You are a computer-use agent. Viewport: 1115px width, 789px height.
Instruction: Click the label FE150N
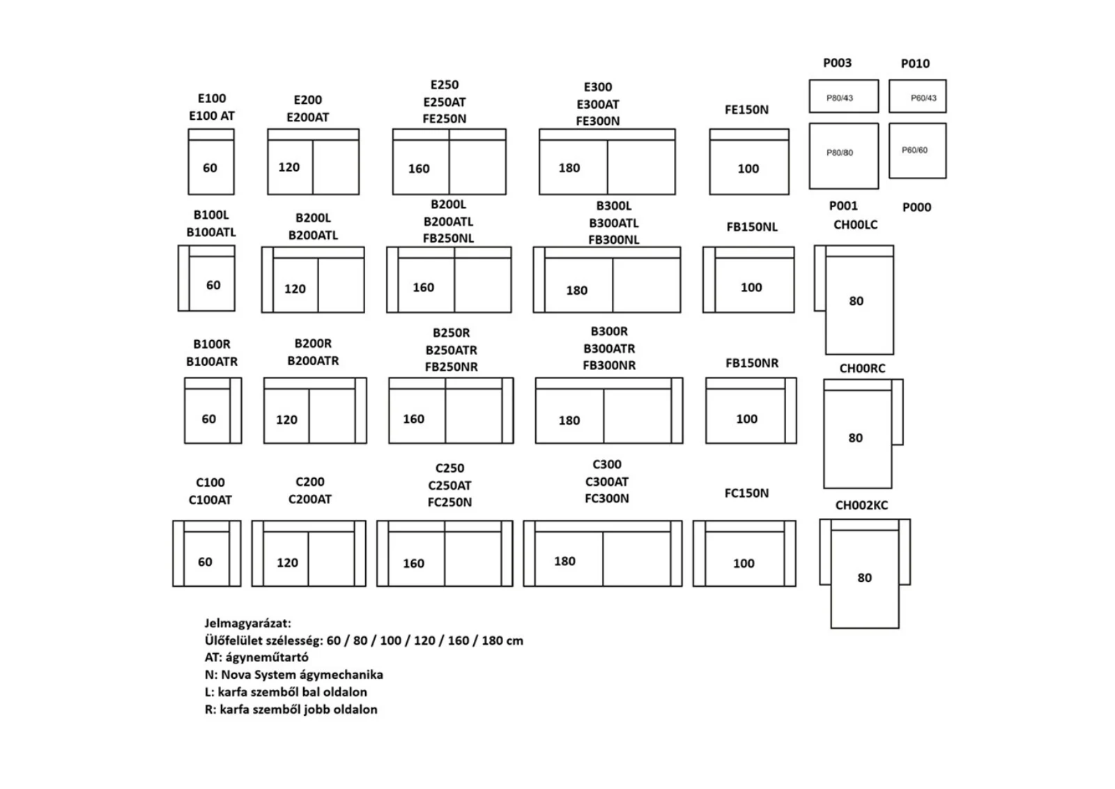(746, 109)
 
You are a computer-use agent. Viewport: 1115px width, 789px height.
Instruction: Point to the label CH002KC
(861, 505)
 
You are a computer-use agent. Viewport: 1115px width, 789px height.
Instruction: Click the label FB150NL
(752, 227)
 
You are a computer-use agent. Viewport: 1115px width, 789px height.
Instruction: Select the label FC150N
(746, 493)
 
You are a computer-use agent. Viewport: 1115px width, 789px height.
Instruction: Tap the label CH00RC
(862, 369)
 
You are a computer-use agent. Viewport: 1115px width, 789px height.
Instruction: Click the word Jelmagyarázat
(247, 623)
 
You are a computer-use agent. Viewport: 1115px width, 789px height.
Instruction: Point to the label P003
(837, 63)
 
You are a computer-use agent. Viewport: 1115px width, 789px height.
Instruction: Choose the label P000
(916, 207)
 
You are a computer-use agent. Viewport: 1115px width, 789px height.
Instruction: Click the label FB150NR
(752, 363)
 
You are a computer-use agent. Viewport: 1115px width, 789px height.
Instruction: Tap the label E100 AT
(212, 116)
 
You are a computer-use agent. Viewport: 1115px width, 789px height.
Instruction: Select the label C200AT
(309, 499)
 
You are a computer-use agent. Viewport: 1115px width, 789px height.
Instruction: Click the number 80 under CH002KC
(864, 578)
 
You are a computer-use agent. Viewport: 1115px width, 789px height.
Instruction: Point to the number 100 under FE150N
(748, 169)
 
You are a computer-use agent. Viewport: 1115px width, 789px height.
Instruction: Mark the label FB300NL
(614, 240)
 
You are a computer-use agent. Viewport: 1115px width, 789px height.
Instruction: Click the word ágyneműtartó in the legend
(267, 657)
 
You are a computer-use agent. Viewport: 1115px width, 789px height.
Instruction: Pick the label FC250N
(449, 503)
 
